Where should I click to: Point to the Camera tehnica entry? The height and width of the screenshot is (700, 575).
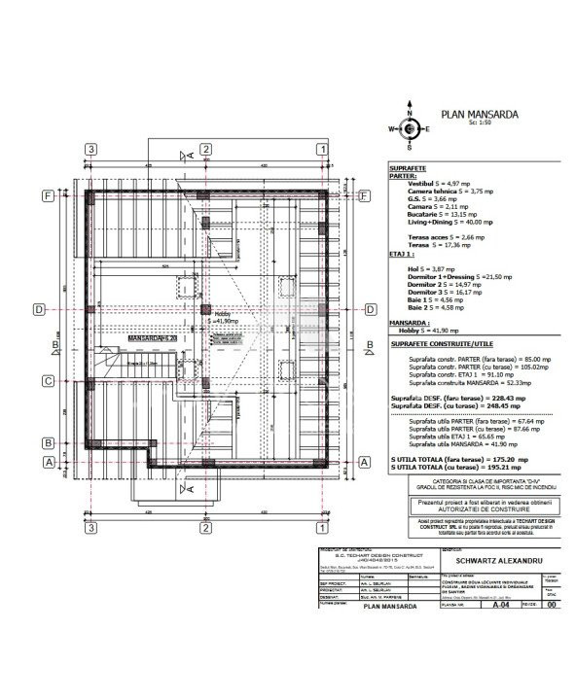[449, 192]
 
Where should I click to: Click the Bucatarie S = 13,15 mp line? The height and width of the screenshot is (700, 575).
[442, 215]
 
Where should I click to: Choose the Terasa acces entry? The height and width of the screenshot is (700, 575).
[442, 237]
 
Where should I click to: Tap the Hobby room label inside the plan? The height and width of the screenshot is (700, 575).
[224, 314]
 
